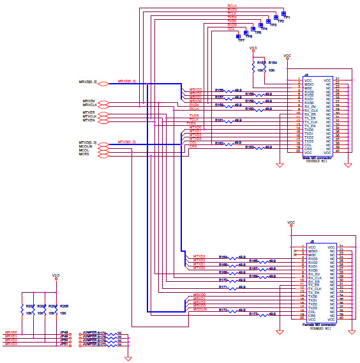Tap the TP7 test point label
241,40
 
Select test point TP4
264,29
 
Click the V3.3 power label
253,48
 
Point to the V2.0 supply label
56,275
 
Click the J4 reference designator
306,75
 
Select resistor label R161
219,120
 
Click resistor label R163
250,147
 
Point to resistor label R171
223,288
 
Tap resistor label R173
253,314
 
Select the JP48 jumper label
64,332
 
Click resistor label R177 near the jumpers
102,344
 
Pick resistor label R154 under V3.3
272,62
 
